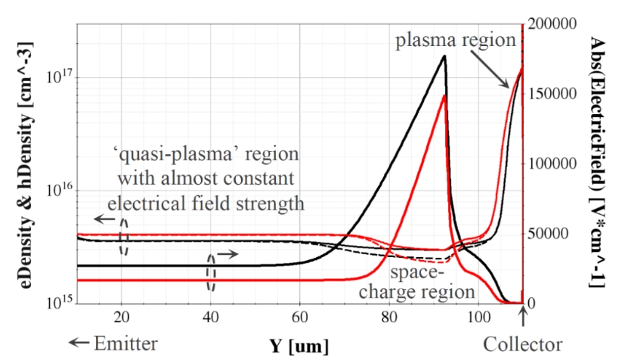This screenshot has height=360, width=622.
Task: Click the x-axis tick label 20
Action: point(121,317)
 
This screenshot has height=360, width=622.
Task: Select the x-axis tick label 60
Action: point(300,317)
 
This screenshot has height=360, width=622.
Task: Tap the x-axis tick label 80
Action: point(389,317)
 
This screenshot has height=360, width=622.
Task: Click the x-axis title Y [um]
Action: point(300,346)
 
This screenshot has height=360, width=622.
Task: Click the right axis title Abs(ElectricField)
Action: point(596,162)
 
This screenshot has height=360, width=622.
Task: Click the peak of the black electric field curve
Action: point(444,56)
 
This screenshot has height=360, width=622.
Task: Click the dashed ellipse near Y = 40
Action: point(212,270)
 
